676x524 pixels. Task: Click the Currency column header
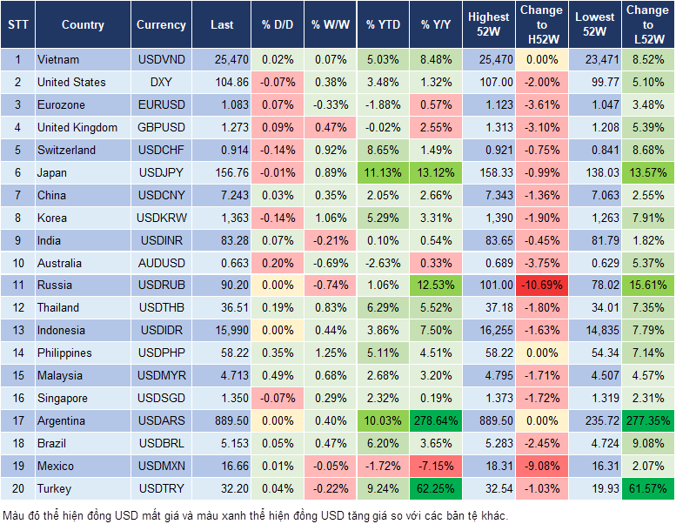[161, 25]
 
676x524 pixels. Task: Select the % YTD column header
[383, 25]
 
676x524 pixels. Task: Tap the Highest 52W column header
[488, 24]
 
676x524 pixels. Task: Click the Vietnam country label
[58, 60]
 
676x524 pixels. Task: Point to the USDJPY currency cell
[161, 172]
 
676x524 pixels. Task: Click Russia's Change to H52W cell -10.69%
[541, 286]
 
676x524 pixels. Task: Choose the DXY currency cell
[161, 83]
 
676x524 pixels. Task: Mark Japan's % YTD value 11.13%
[383, 172]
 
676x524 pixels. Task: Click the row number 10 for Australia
[17, 263]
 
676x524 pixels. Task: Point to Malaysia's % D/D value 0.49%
[277, 376]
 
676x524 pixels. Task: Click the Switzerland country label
[67, 150]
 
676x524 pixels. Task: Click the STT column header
[17, 25]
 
